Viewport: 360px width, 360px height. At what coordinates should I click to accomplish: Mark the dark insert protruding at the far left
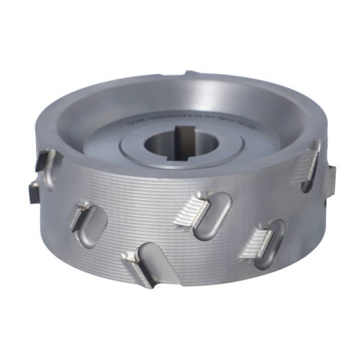click(33, 189)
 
